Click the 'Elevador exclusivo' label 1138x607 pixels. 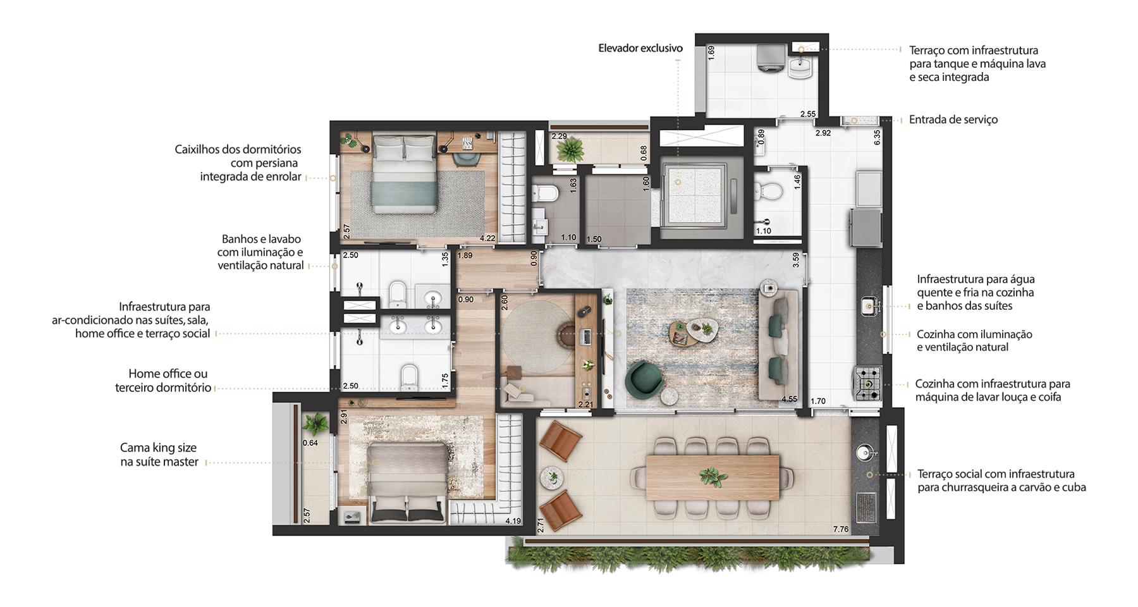pos(640,48)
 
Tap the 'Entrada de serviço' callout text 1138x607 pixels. pos(953,120)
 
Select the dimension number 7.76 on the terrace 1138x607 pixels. pos(841,529)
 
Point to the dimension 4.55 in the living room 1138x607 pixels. pos(789,399)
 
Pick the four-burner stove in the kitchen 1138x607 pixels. pos(868,383)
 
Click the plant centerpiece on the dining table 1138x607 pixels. pos(713,476)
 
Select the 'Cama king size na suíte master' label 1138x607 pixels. pos(159,455)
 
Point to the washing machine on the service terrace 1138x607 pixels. pos(771,58)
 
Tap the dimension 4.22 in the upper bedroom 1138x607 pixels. pos(487,238)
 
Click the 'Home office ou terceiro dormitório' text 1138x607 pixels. pos(162,381)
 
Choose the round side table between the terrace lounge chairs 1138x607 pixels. pos(552,477)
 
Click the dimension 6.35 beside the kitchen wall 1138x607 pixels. pos(877,138)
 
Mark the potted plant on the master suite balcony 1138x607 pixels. pos(315,423)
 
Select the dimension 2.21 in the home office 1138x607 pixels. pos(586,405)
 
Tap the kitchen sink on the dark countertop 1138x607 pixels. pos(870,306)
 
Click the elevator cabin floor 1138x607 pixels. pos(695,194)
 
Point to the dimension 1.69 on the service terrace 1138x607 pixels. pos(711,52)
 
